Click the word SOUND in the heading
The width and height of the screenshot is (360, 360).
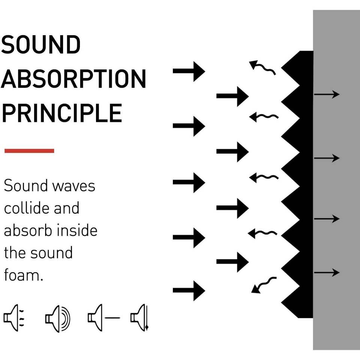tap(41, 45)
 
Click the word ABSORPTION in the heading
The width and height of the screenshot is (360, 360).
tap(73, 79)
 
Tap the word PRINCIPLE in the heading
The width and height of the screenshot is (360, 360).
tap(62, 112)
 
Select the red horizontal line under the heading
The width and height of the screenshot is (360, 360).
tap(29, 151)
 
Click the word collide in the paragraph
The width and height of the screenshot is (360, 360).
tap(26, 208)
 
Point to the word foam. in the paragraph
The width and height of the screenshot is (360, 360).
tap(24, 275)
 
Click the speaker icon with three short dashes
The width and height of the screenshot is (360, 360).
tap(13, 318)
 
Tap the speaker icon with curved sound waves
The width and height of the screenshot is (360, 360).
tap(57, 318)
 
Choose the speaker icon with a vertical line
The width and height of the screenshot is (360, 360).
tap(139, 318)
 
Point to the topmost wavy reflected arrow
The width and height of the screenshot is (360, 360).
tap(262, 67)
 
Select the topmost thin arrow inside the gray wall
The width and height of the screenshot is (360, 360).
tap(327, 94)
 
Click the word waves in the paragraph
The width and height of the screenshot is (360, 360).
tap(73, 186)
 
